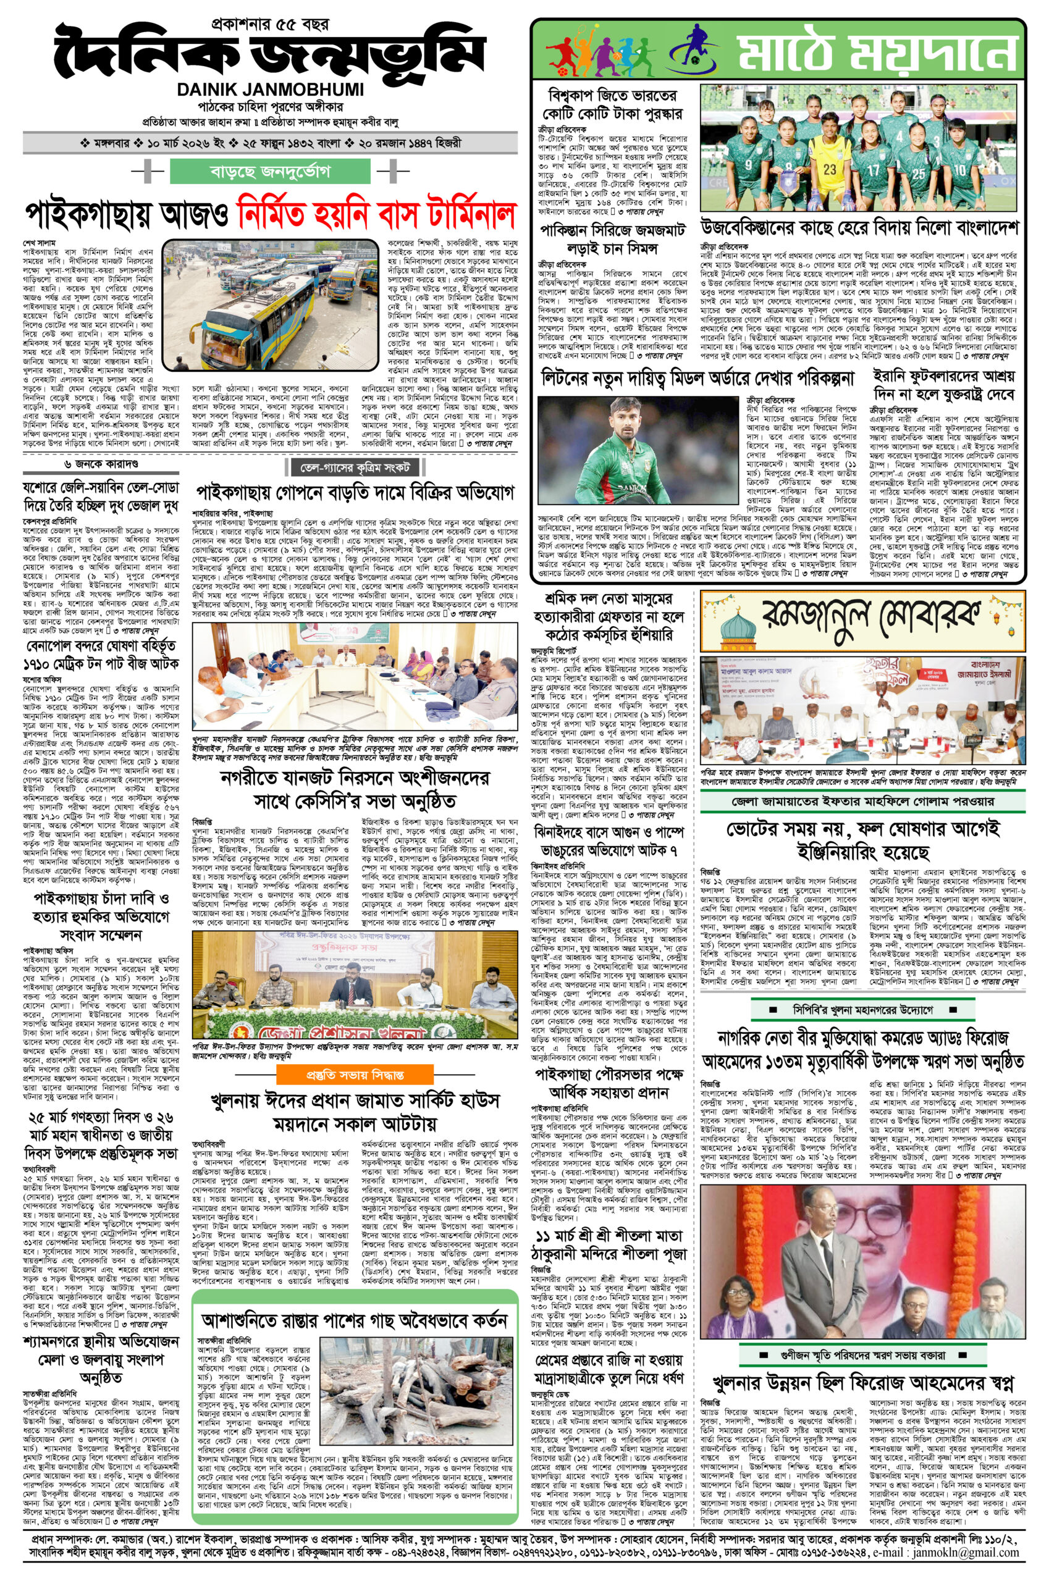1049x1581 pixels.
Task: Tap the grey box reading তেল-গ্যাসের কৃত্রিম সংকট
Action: [355, 466]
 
